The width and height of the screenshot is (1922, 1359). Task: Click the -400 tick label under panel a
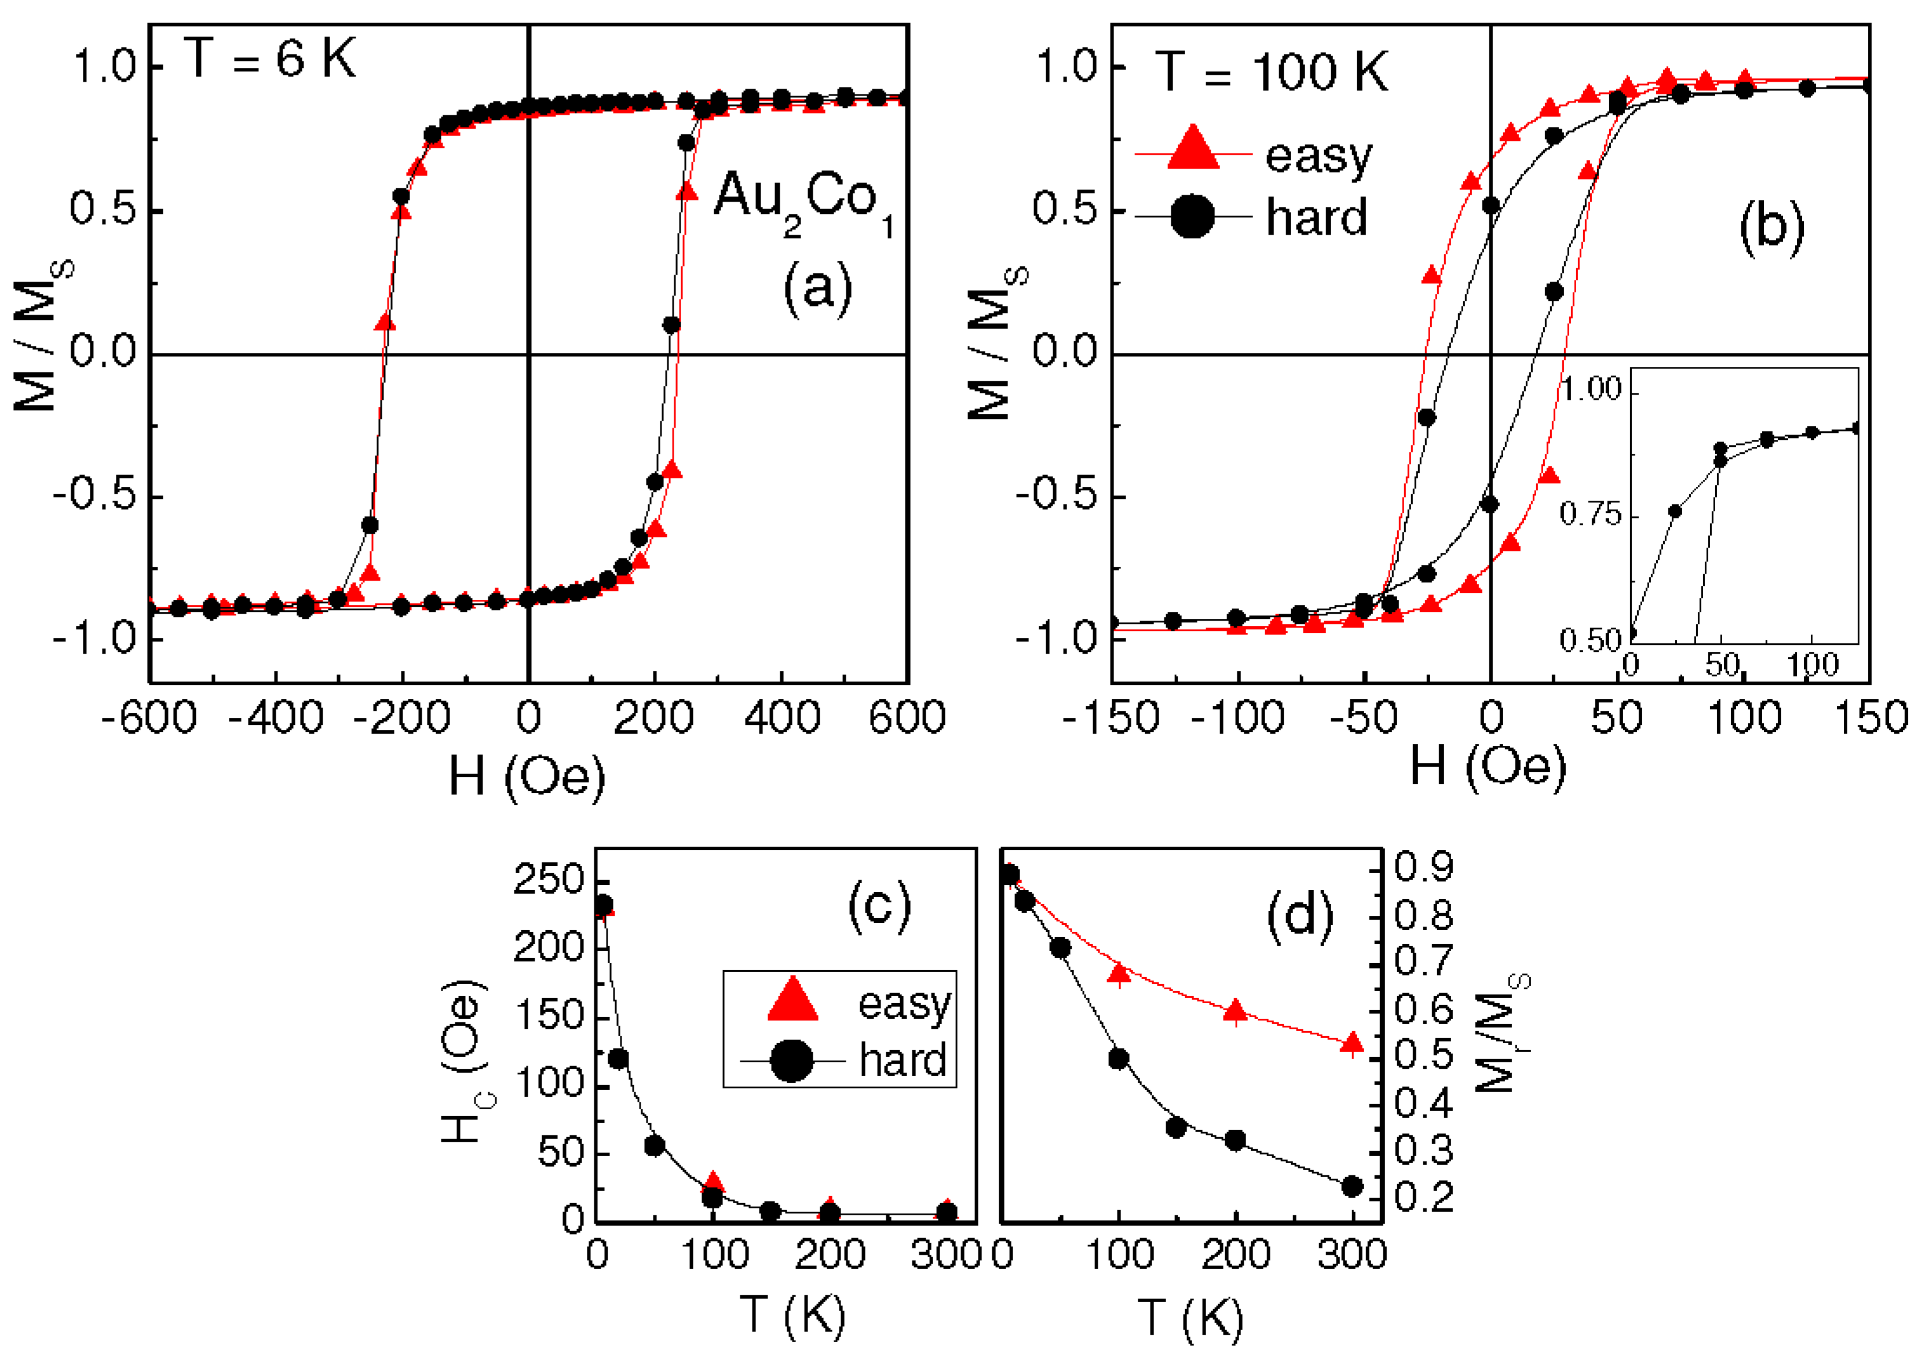tap(276, 717)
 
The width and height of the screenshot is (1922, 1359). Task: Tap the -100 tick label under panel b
tap(1237, 717)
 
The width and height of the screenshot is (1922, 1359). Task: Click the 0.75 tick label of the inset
tap(1590, 513)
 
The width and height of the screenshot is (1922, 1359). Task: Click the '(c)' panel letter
tap(879, 905)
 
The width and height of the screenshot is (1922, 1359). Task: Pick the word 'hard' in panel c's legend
tap(902, 1060)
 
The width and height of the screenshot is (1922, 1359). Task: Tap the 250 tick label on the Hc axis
tap(549, 880)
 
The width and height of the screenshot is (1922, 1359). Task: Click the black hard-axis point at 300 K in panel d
tap(1352, 1186)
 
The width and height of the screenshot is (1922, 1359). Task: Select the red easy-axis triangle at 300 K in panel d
tap(1352, 1043)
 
